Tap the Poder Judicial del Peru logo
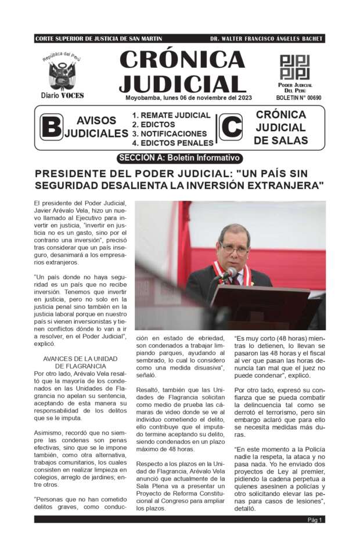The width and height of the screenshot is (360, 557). coord(295,67)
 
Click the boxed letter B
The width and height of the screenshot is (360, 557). coord(51,128)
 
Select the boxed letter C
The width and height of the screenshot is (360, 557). coord(231,127)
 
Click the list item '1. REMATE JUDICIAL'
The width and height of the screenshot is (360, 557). coord(171,115)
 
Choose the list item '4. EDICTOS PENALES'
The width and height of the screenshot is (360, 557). coord(172,143)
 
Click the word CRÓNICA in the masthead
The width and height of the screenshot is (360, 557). coord(182,60)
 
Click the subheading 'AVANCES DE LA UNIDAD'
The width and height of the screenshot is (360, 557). coord(81,359)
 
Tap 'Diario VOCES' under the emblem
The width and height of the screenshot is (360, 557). coord(62,95)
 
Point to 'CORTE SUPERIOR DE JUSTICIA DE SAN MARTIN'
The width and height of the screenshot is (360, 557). coord(98,39)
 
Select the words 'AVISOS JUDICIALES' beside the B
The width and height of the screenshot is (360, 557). coord(96,127)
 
